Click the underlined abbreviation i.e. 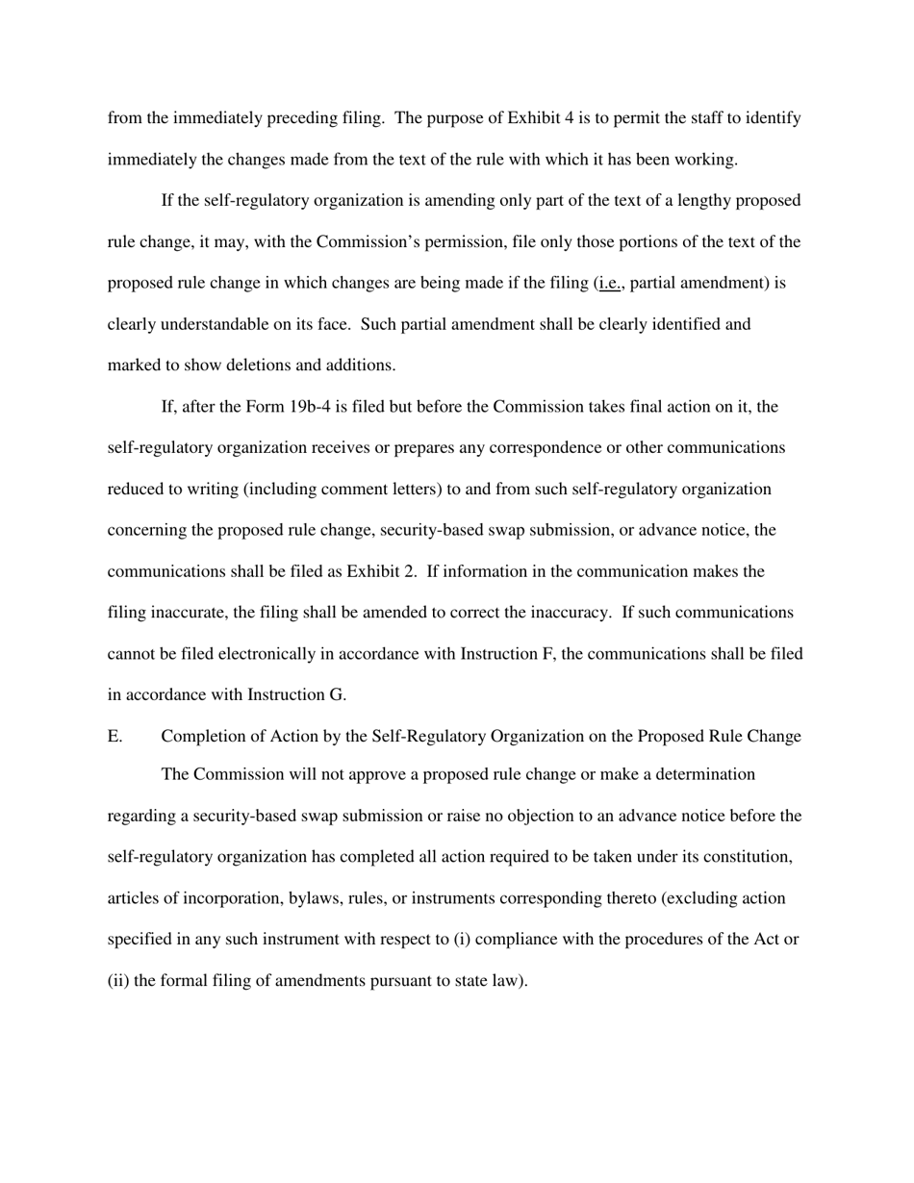click(610, 284)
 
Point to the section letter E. click(114, 737)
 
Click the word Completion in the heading click(200, 737)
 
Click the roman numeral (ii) click(118, 981)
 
